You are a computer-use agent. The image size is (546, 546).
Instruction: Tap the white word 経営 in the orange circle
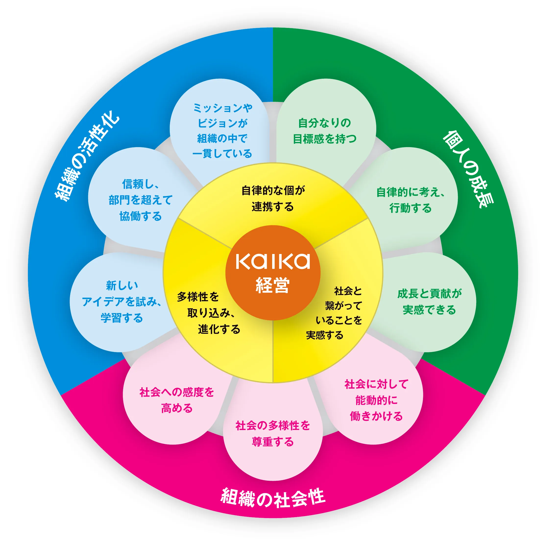click(x=273, y=285)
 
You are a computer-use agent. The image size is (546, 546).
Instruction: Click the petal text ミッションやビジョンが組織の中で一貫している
click(x=222, y=131)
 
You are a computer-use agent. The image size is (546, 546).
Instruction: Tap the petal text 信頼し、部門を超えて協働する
click(x=140, y=200)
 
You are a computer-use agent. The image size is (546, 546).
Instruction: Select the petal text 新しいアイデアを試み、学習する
click(x=122, y=302)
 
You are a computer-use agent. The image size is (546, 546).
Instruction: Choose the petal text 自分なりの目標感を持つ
click(x=325, y=131)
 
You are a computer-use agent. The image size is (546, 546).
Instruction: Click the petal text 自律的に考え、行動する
click(x=411, y=200)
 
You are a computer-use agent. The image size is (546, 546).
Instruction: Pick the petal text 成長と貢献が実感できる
click(x=429, y=302)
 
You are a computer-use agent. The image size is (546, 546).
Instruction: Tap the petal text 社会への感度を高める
click(x=177, y=400)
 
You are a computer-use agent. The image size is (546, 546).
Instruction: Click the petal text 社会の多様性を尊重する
click(x=273, y=434)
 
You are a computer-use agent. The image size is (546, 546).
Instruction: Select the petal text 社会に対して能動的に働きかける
click(x=376, y=400)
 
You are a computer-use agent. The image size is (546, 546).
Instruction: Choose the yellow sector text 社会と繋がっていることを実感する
click(x=334, y=313)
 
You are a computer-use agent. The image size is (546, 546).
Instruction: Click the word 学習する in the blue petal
click(x=122, y=318)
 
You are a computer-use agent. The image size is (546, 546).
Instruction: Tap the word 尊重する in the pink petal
click(x=273, y=442)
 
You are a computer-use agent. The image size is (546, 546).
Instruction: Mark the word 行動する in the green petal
click(x=411, y=208)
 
